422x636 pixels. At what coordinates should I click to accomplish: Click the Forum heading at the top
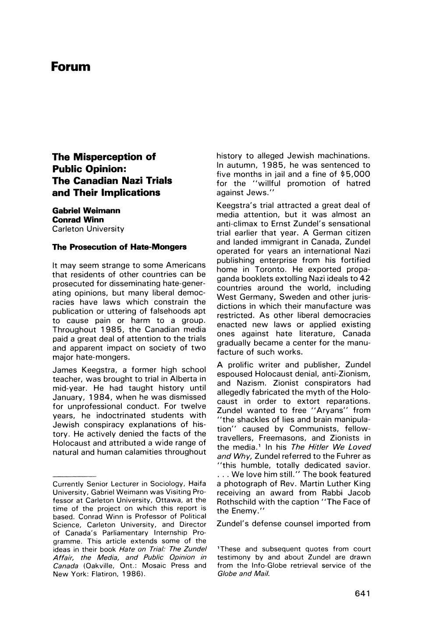[x=71, y=67]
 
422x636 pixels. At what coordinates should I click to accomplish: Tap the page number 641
[x=363, y=594]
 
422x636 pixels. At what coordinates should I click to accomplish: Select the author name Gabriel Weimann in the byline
[x=86, y=210]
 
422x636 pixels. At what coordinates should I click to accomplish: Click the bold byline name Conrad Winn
[x=78, y=219]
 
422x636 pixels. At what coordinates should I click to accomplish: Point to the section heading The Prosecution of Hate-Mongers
[x=119, y=247]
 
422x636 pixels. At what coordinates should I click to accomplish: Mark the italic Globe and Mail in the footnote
[x=243, y=574]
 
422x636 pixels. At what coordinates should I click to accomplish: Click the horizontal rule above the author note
[x=74, y=475]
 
